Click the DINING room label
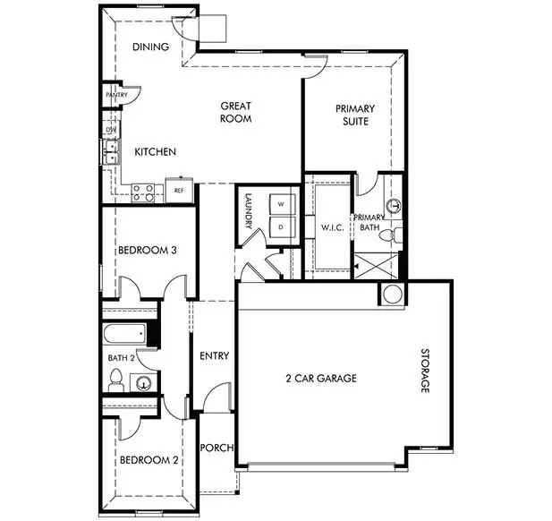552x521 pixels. click(x=151, y=47)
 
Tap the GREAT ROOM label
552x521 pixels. click(x=236, y=112)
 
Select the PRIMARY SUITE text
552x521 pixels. click(x=355, y=115)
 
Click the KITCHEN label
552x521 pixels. click(x=155, y=152)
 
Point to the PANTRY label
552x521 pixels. click(x=116, y=95)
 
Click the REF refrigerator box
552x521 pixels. click(x=179, y=191)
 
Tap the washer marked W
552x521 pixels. click(x=280, y=205)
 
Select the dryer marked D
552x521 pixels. click(x=280, y=227)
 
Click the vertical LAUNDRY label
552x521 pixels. click(x=249, y=215)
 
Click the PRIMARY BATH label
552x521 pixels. click(x=369, y=223)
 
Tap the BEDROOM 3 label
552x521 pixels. click(x=146, y=251)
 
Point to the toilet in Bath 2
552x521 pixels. click(x=115, y=382)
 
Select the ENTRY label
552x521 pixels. click(x=214, y=355)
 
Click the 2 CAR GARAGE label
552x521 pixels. click(x=321, y=379)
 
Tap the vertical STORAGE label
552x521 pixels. click(x=426, y=372)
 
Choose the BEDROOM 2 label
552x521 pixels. click(x=149, y=461)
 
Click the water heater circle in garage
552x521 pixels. click(x=393, y=294)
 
